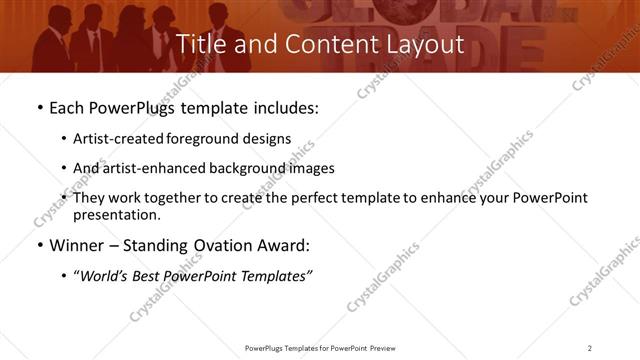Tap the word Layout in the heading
424,45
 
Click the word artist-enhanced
158,168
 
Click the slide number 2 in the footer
590,347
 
